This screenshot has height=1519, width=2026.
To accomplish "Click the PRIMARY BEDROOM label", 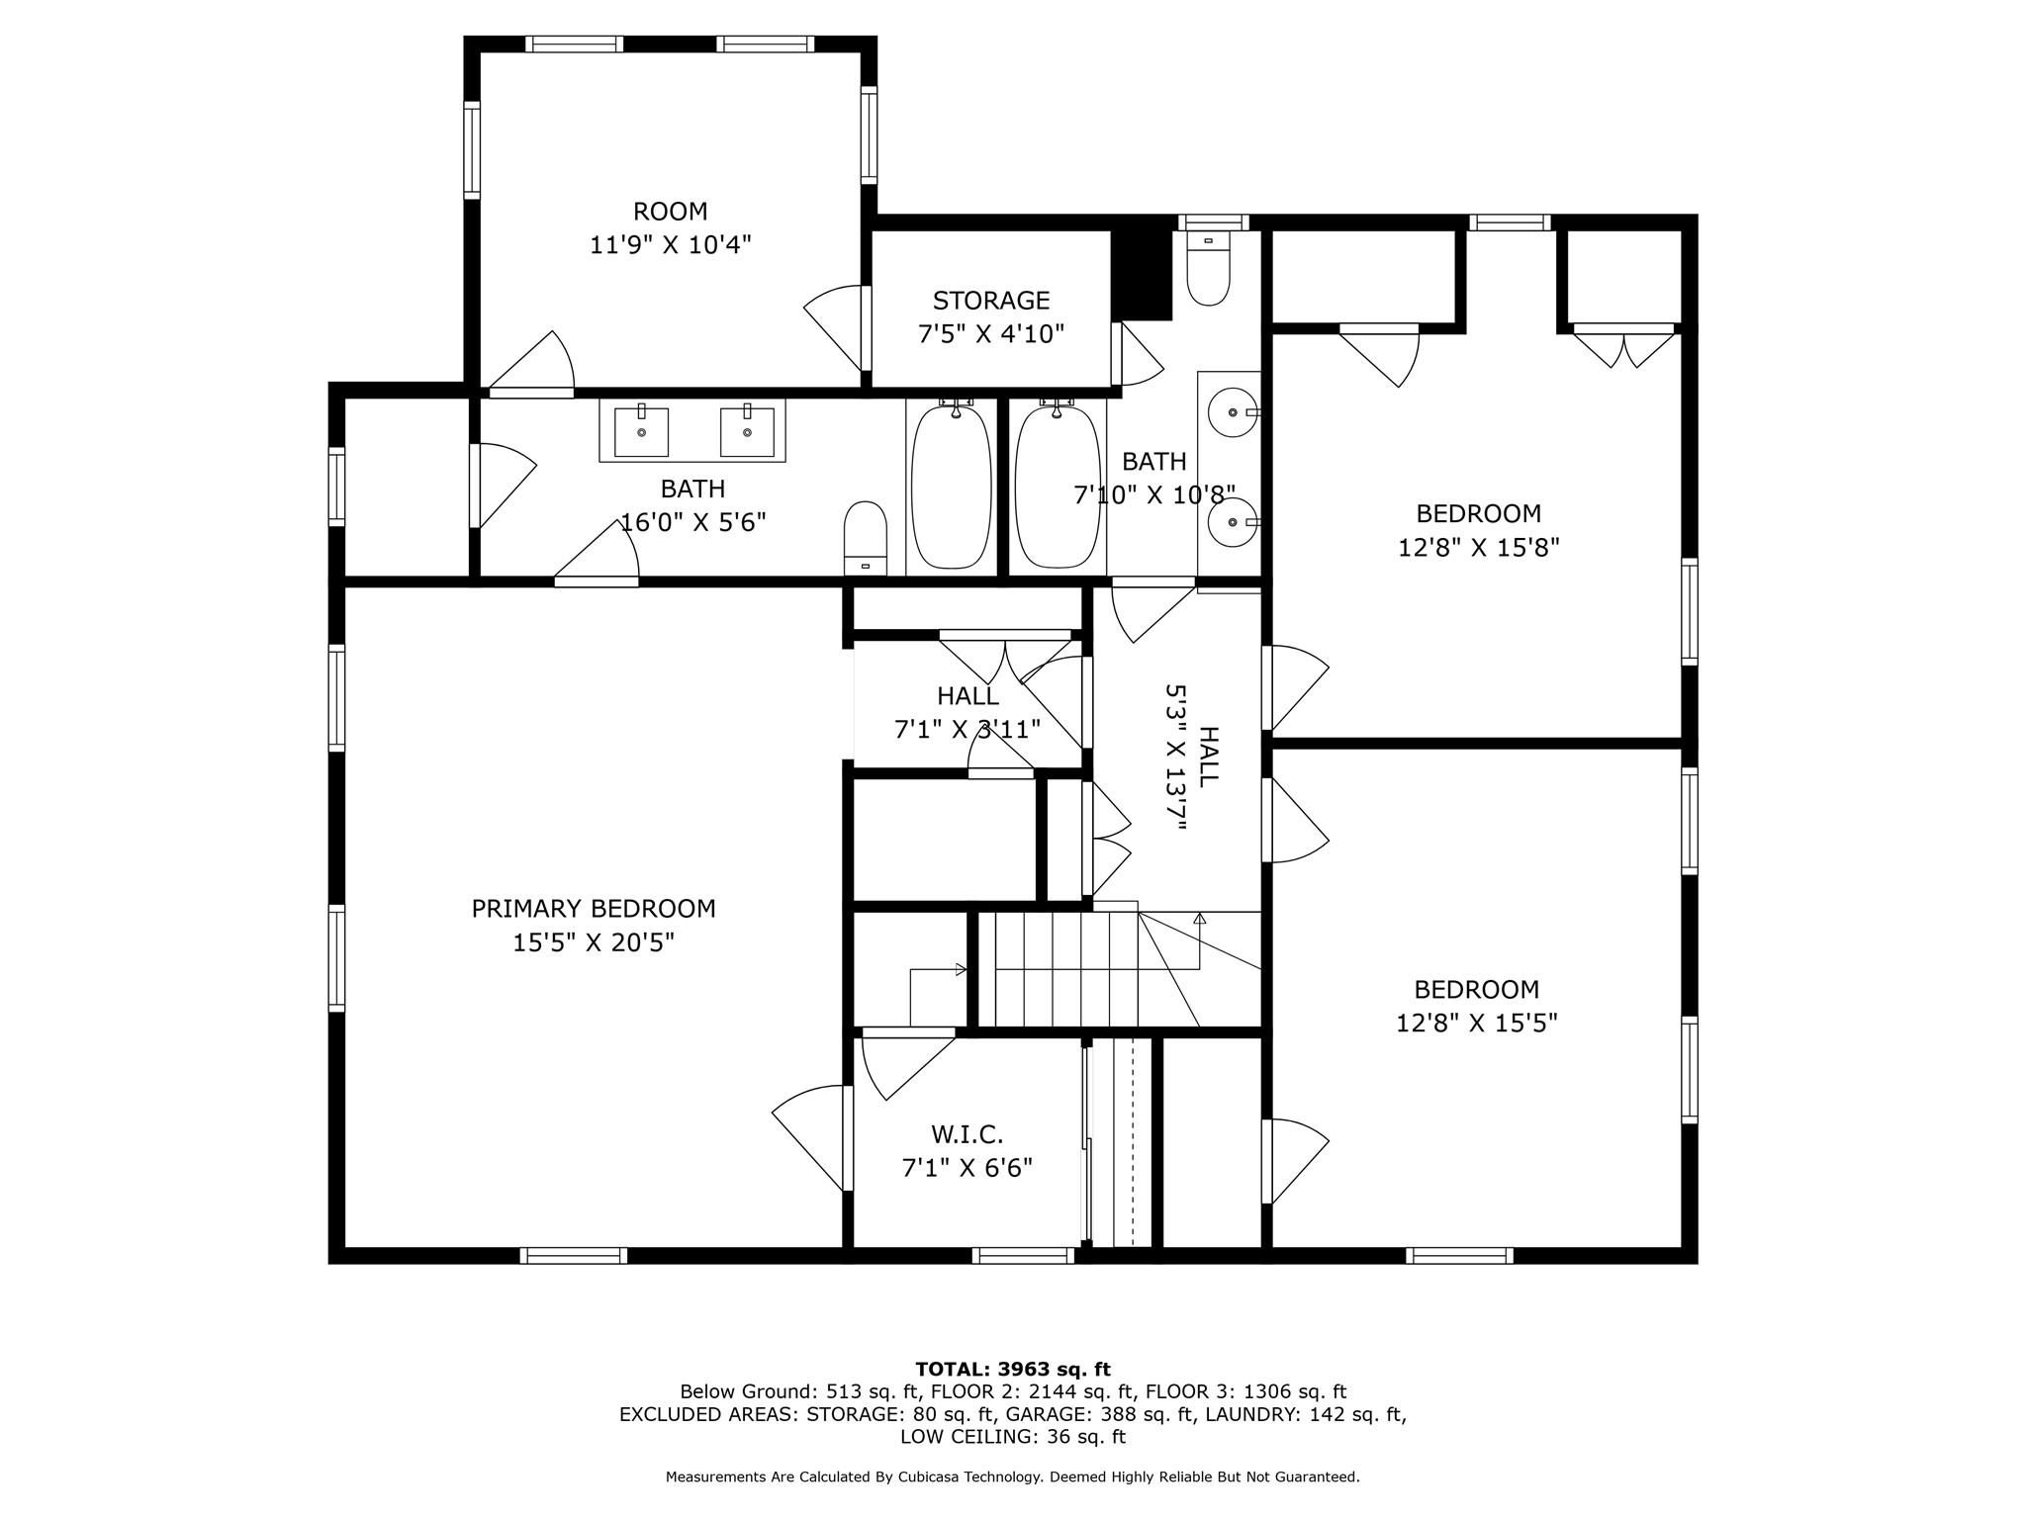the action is click(x=594, y=908).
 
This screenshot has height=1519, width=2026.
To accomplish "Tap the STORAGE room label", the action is click(x=991, y=300).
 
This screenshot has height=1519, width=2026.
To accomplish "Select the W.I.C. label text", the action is click(x=967, y=1134).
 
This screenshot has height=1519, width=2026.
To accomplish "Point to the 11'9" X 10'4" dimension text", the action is click(x=671, y=244).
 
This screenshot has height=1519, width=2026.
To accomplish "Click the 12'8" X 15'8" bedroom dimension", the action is click(x=1478, y=547).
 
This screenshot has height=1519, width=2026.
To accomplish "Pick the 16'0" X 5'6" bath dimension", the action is click(x=692, y=521).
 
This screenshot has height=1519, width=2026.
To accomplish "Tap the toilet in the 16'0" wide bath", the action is click(x=866, y=538).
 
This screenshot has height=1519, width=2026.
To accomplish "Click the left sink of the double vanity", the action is click(x=641, y=431).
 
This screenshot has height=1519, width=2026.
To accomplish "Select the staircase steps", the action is click(x=1066, y=969).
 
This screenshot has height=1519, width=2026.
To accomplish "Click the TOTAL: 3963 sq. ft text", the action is click(x=1013, y=1369).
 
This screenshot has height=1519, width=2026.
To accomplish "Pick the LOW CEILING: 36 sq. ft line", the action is click(x=1013, y=1436).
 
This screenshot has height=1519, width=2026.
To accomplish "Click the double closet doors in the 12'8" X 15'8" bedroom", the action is click(x=1623, y=346).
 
